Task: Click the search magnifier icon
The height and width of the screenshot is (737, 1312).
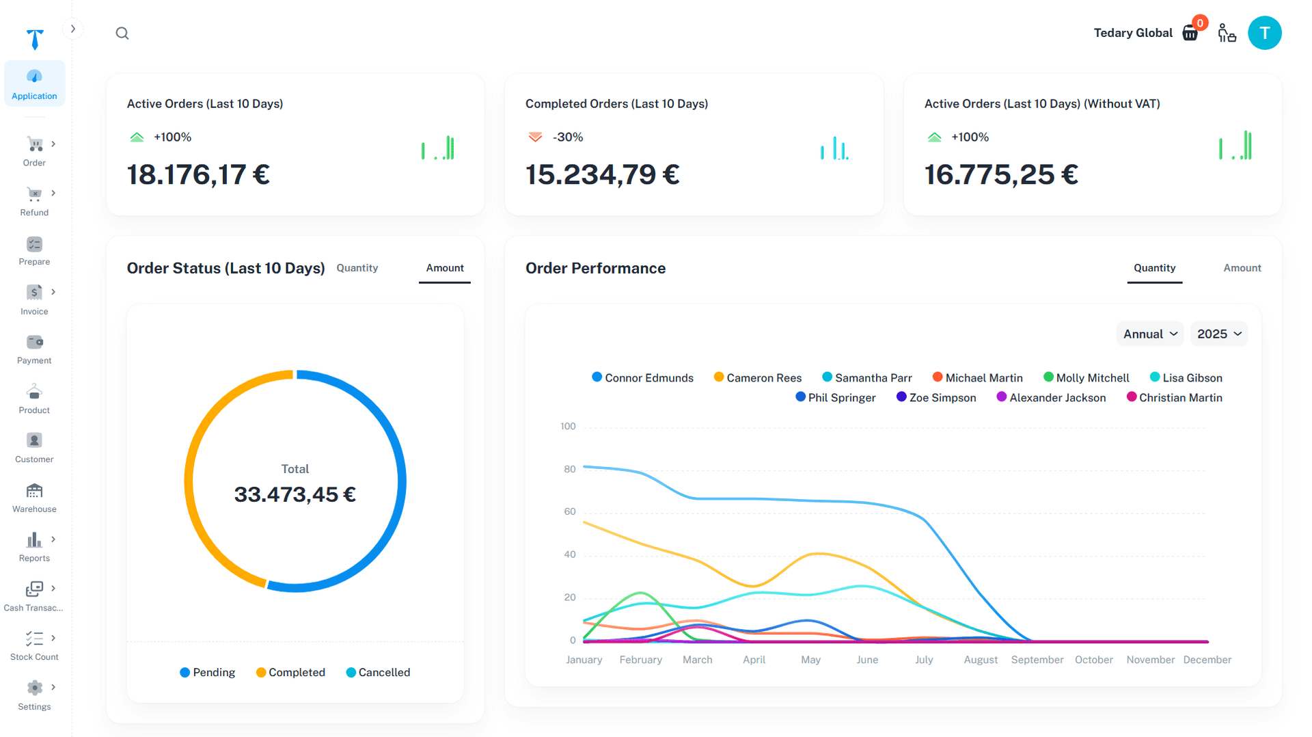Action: point(122,33)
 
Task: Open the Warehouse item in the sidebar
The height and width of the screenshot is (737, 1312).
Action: point(34,498)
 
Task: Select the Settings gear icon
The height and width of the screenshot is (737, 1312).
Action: point(34,688)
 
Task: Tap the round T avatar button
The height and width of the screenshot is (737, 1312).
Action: point(1264,33)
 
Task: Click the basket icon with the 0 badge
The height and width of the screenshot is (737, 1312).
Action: point(1190,33)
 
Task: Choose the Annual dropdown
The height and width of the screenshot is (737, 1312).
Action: point(1150,334)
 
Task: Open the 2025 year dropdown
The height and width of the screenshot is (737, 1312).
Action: point(1219,334)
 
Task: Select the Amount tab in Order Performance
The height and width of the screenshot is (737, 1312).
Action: point(1242,268)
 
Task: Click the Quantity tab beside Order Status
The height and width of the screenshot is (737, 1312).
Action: point(357,268)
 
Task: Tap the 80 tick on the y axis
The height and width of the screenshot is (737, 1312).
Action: point(569,469)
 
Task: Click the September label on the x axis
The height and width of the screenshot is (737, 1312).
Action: point(1037,660)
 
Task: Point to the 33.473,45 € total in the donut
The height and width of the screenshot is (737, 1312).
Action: point(295,494)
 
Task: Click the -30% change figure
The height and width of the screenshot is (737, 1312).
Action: point(567,137)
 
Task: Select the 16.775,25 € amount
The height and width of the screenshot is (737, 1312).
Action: point(1000,174)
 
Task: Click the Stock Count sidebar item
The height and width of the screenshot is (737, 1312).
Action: point(34,646)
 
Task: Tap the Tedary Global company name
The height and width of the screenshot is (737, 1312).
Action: point(1132,33)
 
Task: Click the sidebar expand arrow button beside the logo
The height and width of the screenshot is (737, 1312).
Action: point(73,29)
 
